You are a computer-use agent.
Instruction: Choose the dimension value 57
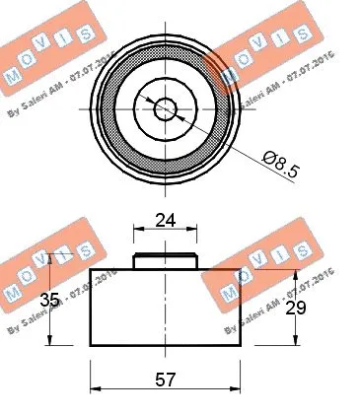166,378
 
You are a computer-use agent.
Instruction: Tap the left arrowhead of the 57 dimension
96,388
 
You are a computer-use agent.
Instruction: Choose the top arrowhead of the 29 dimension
293,274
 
